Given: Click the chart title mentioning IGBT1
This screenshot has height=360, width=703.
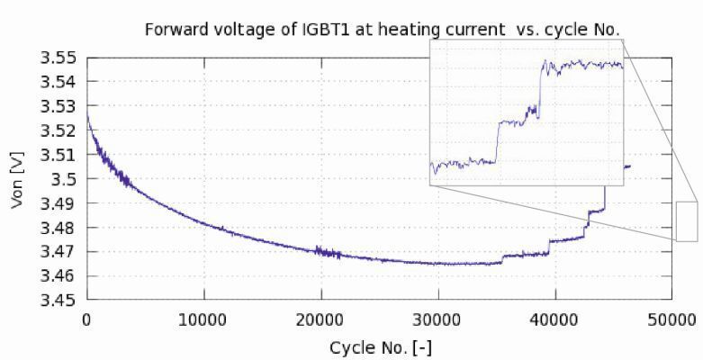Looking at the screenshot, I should (383, 30).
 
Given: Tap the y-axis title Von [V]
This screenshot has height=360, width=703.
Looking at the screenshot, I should (17, 180).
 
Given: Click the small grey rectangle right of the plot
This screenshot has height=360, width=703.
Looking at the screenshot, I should (687, 221).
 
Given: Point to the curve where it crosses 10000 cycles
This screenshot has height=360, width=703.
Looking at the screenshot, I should (203, 225).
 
